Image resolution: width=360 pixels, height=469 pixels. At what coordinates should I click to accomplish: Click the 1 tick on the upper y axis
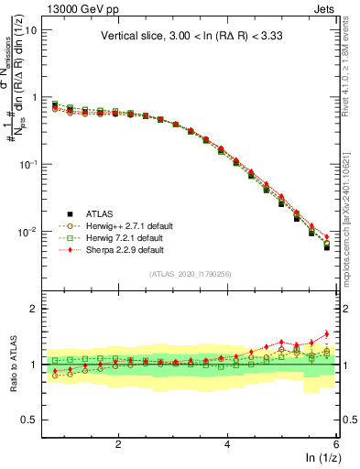pyautogui.click(x=33, y=97)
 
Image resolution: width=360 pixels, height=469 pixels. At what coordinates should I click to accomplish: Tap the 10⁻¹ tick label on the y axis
pyautogui.click(x=27, y=164)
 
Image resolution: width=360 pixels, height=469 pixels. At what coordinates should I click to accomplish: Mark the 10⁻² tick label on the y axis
pyautogui.click(x=27, y=232)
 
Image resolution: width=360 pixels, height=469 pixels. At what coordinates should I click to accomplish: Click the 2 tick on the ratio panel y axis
pyautogui.click(x=33, y=309)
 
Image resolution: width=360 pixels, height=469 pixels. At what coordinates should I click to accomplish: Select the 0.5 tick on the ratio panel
pyautogui.click(x=28, y=420)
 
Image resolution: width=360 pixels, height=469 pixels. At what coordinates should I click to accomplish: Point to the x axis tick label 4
pyautogui.click(x=227, y=444)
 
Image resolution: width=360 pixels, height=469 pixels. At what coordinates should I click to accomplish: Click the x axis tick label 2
pyautogui.click(x=118, y=444)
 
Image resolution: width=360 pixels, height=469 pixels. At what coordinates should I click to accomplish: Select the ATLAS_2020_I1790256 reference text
pyautogui.click(x=190, y=273)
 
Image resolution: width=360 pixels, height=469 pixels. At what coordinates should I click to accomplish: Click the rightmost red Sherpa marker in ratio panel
pyautogui.click(x=327, y=333)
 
